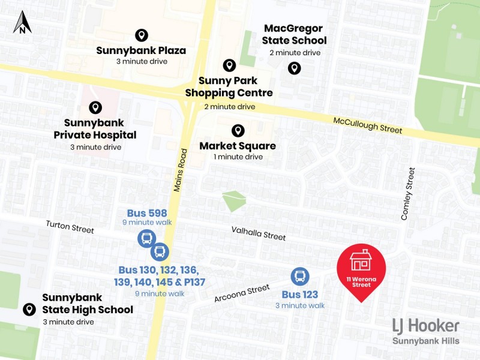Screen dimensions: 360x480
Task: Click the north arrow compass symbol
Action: (23, 22)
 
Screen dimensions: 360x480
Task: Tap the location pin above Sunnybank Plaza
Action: (142, 35)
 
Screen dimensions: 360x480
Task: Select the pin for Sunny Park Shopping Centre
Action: (229, 65)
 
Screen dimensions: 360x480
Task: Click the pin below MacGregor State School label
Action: (294, 68)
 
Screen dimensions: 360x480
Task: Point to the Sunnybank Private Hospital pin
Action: (95, 107)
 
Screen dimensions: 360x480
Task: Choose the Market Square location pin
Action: (238, 130)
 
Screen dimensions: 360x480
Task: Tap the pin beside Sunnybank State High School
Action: (28, 310)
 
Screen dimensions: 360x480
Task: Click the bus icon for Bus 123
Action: (300, 277)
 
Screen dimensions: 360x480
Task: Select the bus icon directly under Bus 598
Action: (146, 238)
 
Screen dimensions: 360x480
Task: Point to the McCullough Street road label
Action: (368, 125)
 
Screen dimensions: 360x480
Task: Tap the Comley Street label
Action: (408, 194)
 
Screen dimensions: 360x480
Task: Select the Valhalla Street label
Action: (259, 233)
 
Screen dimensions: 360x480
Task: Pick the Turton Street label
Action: (70, 227)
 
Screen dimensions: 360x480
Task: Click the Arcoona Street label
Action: (242, 293)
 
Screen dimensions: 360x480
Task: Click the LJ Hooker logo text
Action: (425, 326)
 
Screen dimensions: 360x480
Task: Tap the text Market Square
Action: (238, 146)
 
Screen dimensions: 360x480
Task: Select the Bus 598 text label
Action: (147, 213)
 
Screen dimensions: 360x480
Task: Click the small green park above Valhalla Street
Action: (234, 200)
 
